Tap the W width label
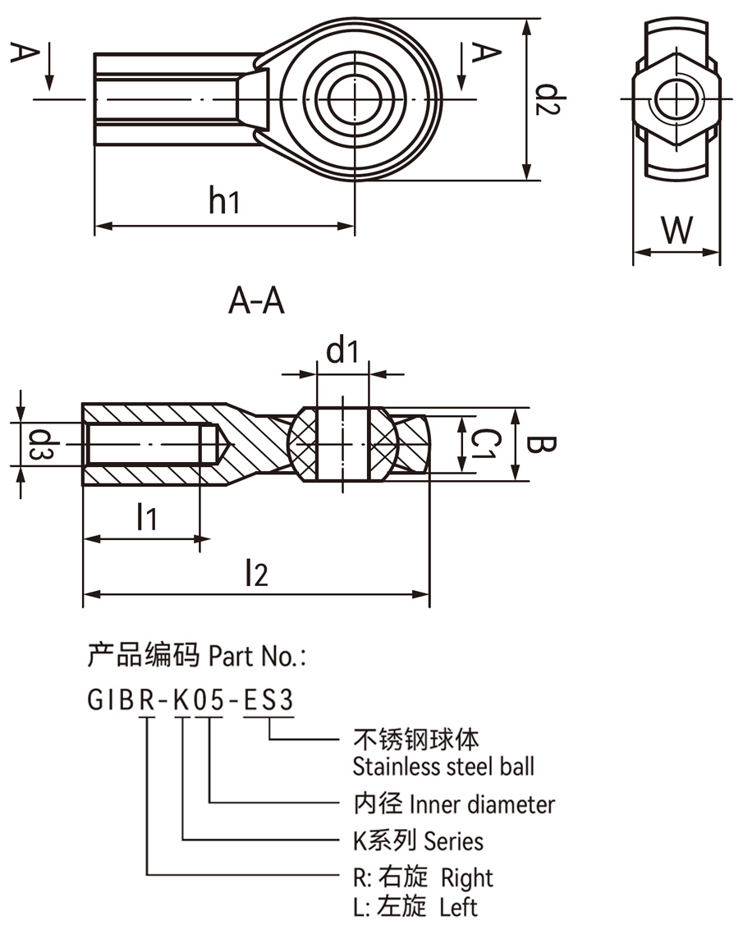[x=676, y=231]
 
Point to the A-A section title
[x=256, y=303]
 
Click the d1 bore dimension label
[x=342, y=351]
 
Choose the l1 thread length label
[x=146, y=517]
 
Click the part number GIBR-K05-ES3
[x=190, y=700]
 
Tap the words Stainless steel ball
[x=443, y=767]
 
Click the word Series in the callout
[x=453, y=841]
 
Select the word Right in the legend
[x=466, y=877]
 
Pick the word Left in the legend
[x=458, y=907]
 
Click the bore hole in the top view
[x=355, y=98]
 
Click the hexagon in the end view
[x=675, y=98]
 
